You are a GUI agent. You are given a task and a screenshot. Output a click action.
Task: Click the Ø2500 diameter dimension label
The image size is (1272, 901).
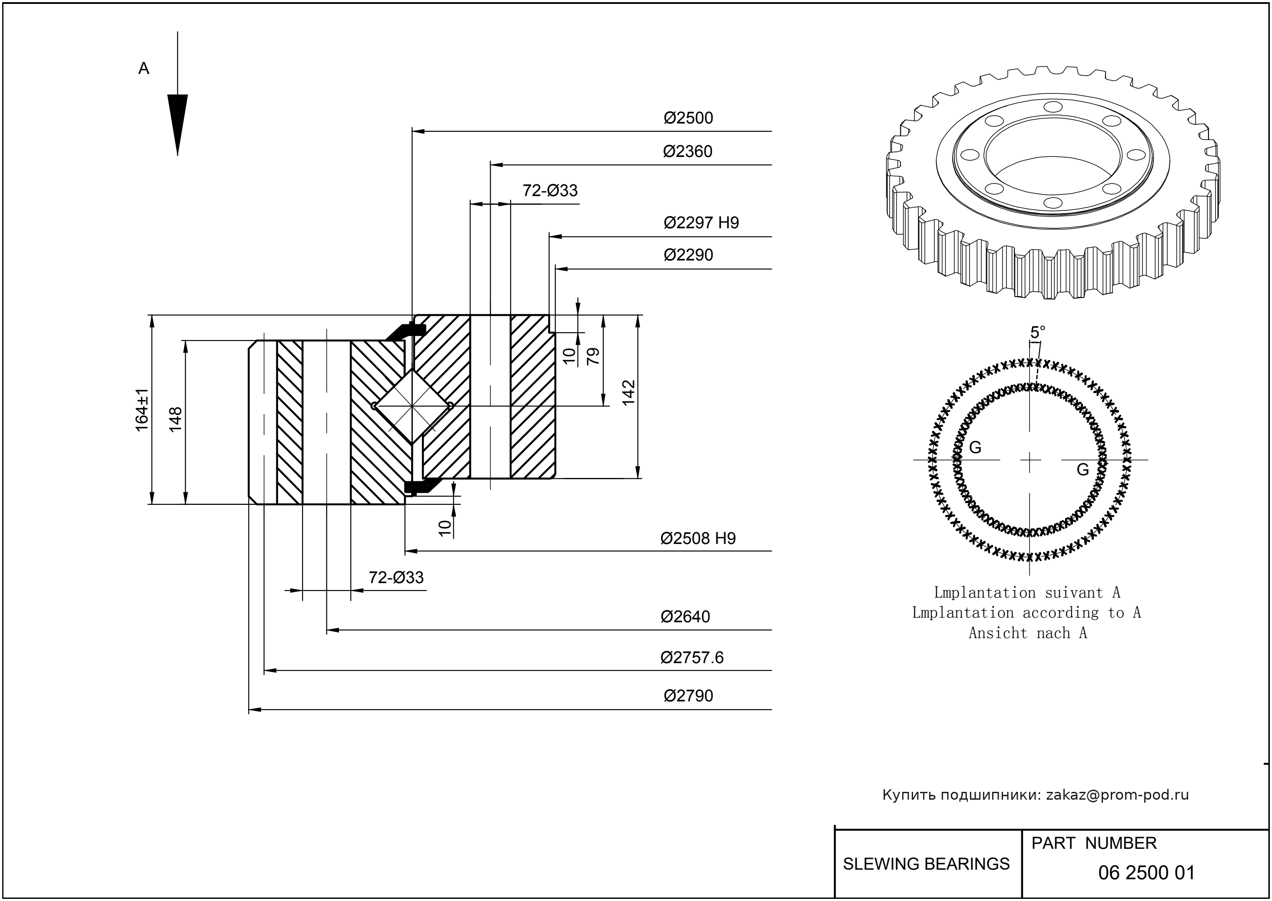coord(688,118)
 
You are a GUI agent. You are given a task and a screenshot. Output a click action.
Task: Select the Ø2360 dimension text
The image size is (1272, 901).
coord(687,151)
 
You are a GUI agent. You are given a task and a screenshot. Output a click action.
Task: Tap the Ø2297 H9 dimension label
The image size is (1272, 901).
coord(701,223)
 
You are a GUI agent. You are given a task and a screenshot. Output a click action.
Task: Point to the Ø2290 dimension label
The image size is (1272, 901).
coord(688,255)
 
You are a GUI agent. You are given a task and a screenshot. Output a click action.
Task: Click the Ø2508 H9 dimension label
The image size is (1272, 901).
coord(697,538)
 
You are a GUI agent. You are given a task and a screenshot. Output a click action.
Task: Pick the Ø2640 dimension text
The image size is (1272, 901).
coord(685,617)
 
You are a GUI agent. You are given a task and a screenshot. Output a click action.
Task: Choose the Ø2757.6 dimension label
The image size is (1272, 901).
coord(691,657)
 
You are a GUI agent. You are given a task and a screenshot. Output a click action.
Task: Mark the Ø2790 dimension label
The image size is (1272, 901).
coord(688,696)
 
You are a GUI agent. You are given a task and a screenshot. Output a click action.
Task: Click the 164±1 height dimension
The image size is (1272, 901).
coord(142,410)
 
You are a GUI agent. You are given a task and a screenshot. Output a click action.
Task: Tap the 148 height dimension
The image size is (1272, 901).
coord(175,420)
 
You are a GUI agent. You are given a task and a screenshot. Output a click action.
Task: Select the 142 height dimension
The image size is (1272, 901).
coord(628,393)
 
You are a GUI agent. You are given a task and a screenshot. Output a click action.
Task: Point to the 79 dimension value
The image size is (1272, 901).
coord(593,356)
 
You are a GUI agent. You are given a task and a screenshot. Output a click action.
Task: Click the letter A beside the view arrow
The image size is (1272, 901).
coord(143,69)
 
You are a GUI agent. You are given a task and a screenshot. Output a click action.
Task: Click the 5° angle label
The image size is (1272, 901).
coord(1037,332)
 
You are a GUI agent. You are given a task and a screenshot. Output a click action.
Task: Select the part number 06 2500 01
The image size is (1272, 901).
coord(1146,873)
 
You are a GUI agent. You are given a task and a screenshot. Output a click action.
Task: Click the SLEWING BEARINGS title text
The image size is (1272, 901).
coord(926,864)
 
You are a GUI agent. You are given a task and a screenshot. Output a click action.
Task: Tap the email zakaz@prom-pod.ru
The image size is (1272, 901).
coord(1117,795)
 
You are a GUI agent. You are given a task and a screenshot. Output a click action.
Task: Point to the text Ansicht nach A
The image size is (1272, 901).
coord(1027,633)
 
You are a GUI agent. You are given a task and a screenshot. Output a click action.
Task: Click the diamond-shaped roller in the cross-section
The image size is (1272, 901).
coord(412,406)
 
